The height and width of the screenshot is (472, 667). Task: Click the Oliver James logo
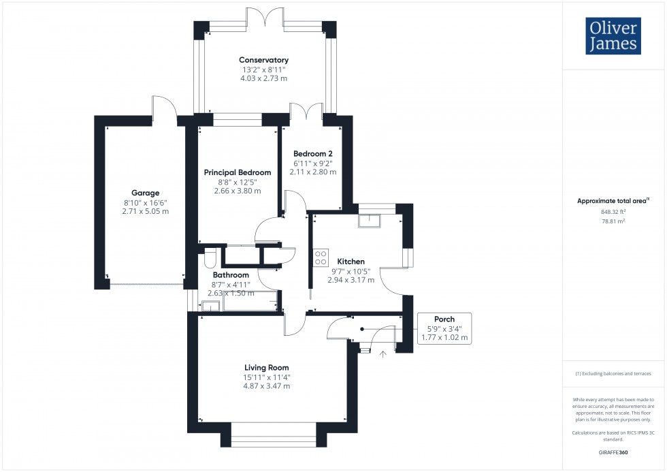(x=613, y=35)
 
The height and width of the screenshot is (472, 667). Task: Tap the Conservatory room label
(x=263, y=60)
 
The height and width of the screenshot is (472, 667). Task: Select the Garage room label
(x=146, y=193)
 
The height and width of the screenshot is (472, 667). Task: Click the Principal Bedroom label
(x=238, y=172)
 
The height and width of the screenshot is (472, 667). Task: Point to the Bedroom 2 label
(x=312, y=153)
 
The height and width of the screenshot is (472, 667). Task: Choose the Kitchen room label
(x=351, y=261)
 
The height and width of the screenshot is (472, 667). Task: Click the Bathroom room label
(x=231, y=274)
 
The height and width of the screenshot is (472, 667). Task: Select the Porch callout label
(x=444, y=319)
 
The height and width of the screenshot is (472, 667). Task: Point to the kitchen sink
(x=372, y=219)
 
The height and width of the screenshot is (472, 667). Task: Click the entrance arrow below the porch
(x=383, y=353)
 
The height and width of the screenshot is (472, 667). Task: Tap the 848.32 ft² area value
(x=613, y=211)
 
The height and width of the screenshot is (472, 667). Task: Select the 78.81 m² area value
(x=613, y=221)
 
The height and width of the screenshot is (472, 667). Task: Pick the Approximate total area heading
(x=613, y=200)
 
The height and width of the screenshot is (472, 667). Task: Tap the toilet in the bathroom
(x=209, y=257)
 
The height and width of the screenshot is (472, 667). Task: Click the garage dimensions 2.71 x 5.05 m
(x=146, y=211)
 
